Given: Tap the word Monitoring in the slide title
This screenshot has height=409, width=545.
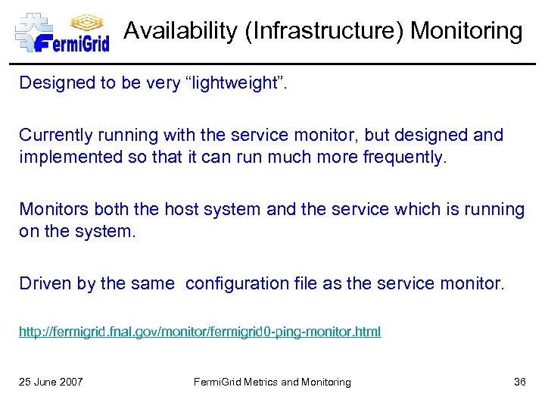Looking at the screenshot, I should click(466, 31).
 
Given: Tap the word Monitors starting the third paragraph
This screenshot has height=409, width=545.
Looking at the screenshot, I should click(52, 209).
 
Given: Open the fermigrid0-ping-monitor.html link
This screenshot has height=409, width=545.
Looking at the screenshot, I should click(200, 332).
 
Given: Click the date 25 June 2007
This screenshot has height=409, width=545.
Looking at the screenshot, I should click(51, 382).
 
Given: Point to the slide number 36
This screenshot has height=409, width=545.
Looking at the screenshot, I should click(519, 382).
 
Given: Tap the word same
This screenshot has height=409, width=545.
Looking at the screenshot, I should click(154, 283).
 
